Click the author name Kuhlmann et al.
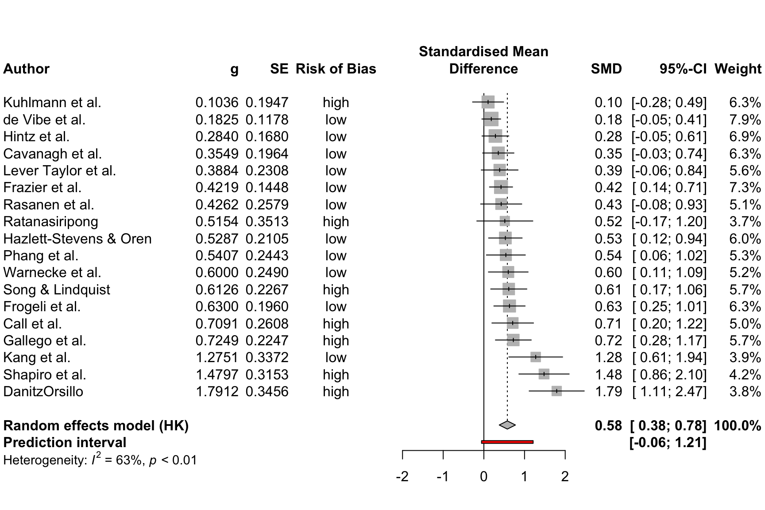pos(52,102)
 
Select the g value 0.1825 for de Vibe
pos(216,120)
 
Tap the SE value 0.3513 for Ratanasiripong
pos(267,221)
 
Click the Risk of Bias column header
pos(336,69)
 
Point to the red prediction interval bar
pos(507,442)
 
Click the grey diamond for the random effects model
pos(507,425)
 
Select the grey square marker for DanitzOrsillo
pos(556,391)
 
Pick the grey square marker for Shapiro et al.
pos(544,375)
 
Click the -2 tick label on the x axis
pos(402,476)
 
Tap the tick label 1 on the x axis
pos(524,476)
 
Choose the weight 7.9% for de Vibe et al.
pos(745,120)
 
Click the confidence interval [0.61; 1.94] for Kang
pos(669,358)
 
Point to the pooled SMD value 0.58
pos(608,425)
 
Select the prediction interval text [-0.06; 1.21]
pos(668,442)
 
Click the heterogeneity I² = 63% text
pos(100,460)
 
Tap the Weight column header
pos(738,69)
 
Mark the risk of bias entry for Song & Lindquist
pos(336,290)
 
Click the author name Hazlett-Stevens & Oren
pos(77,239)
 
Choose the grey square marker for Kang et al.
pos(536,357)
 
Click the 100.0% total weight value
pos(737,425)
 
